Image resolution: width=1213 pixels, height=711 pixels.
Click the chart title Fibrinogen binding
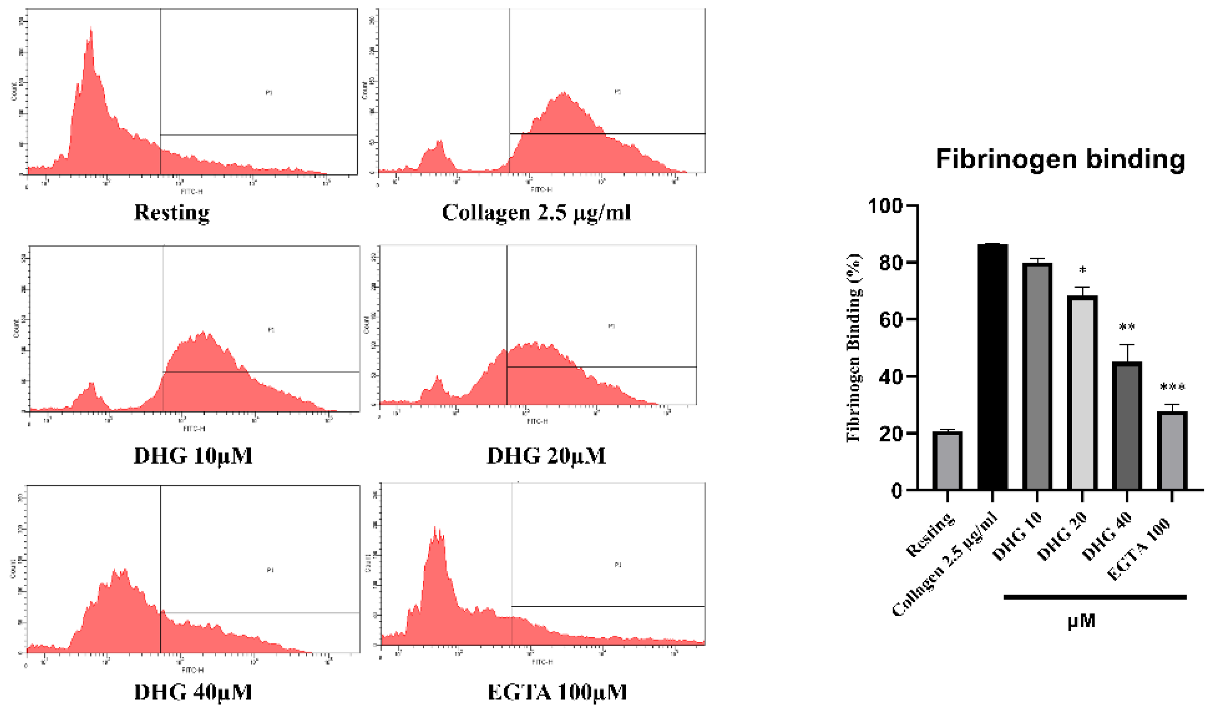(1060, 159)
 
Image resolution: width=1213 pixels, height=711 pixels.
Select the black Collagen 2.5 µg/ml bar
(992, 366)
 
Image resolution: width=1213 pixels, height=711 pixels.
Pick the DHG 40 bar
(1126, 426)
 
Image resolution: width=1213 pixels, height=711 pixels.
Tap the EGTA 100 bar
(1171, 450)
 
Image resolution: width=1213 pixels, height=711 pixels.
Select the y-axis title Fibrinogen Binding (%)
(854, 347)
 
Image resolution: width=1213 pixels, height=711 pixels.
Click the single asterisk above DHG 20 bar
(1083, 270)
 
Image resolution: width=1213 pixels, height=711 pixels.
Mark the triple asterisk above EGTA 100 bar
(1171, 387)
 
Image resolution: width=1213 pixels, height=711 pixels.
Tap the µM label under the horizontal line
(1081, 621)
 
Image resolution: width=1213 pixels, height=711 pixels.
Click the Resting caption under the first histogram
(172, 212)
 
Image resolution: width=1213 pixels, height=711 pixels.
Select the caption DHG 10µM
(193, 455)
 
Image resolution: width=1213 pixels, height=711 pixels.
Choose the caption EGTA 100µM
(557, 692)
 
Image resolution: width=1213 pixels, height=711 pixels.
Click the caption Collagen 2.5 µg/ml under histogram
(536, 212)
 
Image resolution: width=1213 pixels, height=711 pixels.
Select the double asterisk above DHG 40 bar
(1126, 327)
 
